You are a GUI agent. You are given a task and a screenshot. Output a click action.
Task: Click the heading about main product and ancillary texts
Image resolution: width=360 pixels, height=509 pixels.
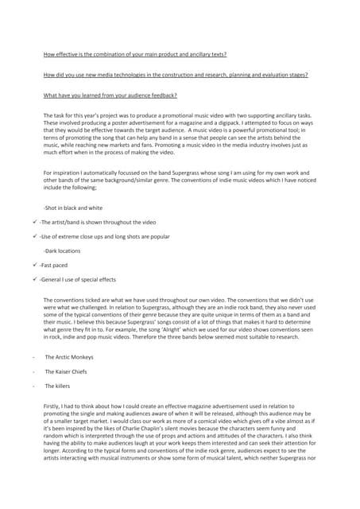tap(134, 55)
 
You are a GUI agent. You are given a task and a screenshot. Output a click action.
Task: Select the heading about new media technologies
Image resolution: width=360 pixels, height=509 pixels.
tap(176, 75)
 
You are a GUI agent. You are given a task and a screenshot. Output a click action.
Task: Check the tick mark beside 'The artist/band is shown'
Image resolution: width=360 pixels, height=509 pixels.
tap(35, 222)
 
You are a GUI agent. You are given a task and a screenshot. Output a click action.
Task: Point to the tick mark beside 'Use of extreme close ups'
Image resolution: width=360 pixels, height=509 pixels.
tap(35, 236)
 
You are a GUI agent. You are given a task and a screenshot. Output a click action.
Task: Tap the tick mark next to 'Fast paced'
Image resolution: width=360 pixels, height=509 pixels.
tap(35, 265)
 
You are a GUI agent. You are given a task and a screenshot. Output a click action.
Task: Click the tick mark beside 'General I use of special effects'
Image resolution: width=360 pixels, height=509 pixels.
tap(35, 279)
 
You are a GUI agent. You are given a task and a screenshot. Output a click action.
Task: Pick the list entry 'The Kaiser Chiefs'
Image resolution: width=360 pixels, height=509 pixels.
tap(67, 371)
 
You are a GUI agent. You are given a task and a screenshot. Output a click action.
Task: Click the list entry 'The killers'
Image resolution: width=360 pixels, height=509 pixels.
tap(57, 386)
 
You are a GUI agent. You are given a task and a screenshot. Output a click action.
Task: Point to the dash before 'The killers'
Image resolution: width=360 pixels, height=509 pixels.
tap(33, 386)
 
